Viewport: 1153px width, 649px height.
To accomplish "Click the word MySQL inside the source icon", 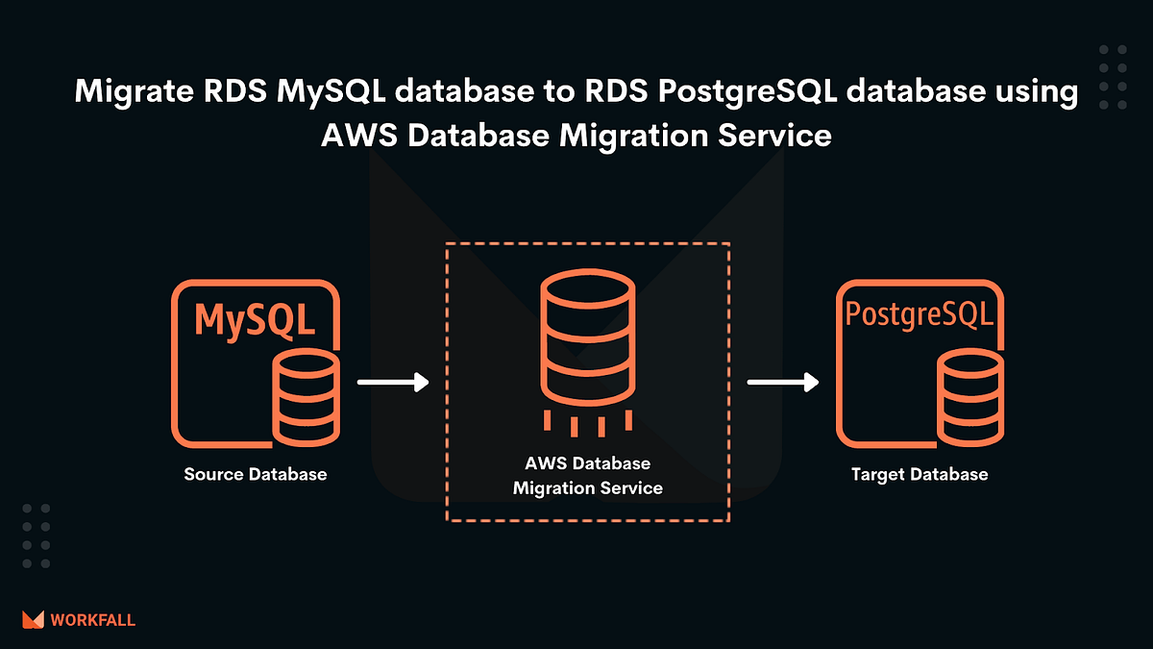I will click(x=255, y=320).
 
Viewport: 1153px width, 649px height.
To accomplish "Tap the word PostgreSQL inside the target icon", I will click(x=918, y=315).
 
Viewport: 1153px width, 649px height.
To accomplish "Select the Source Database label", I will click(x=256, y=474).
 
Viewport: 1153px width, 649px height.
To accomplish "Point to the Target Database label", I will click(x=919, y=474).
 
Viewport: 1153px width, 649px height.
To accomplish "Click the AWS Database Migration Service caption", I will click(x=587, y=476).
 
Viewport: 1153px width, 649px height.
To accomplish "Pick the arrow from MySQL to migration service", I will click(x=392, y=383).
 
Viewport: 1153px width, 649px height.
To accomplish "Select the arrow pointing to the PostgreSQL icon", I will click(x=783, y=383).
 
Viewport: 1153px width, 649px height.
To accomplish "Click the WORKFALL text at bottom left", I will click(x=94, y=620).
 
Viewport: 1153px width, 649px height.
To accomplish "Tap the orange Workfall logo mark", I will click(x=34, y=620).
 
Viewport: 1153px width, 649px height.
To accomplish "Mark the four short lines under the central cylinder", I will click(x=587, y=423).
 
